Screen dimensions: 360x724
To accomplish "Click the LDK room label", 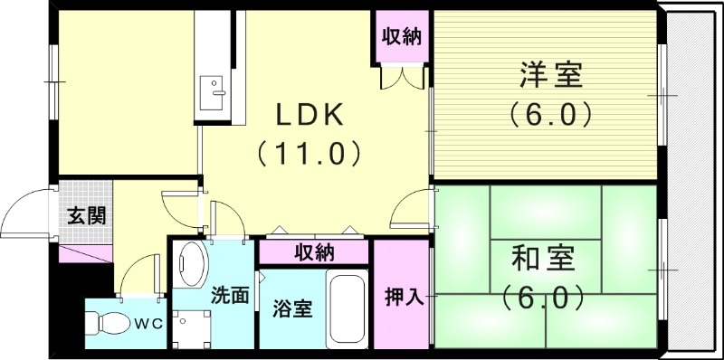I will click(x=309, y=115).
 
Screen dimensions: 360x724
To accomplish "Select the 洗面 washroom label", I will click(x=230, y=294).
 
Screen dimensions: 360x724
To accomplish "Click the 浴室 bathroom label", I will click(x=291, y=308).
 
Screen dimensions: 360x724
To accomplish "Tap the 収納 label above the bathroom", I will click(x=313, y=252).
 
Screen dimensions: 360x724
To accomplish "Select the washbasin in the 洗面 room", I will click(x=191, y=263).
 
